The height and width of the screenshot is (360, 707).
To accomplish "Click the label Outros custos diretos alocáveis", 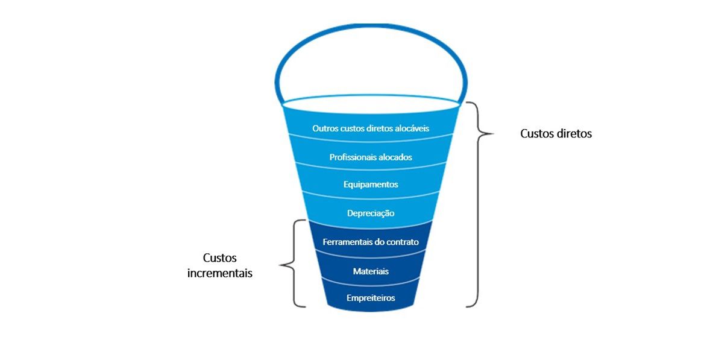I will pos(371,128).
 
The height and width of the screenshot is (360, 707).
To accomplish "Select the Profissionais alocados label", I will pos(371,157).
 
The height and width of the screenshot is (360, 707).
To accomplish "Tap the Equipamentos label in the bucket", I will pos(371,185).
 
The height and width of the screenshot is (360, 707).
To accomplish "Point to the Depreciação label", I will pos(371,213).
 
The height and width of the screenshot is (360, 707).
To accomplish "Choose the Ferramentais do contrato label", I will pos(371,242).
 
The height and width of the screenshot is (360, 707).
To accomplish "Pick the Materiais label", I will pos(371,271).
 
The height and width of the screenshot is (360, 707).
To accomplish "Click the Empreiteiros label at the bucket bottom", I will pos(371,298).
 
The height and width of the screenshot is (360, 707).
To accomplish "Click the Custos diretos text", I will pos(556,134).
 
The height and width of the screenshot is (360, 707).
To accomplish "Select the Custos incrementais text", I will pos(219,265).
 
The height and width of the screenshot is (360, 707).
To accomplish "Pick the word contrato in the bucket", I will pos(401,242).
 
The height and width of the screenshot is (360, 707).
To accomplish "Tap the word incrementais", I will pos(219,273).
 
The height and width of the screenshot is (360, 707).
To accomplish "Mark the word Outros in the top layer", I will pos(324,128).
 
